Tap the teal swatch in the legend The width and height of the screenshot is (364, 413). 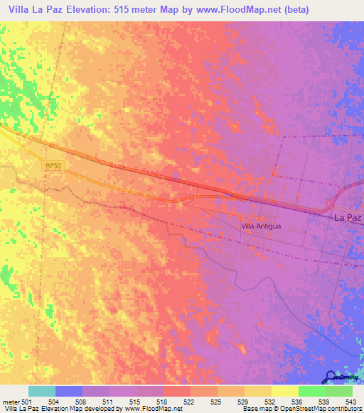point(41,391)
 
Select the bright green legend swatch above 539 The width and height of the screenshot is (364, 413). point(311,391)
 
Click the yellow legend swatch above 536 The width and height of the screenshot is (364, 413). point(284,391)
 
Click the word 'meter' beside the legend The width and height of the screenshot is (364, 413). point(11,401)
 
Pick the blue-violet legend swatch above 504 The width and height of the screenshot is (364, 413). point(68,391)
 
